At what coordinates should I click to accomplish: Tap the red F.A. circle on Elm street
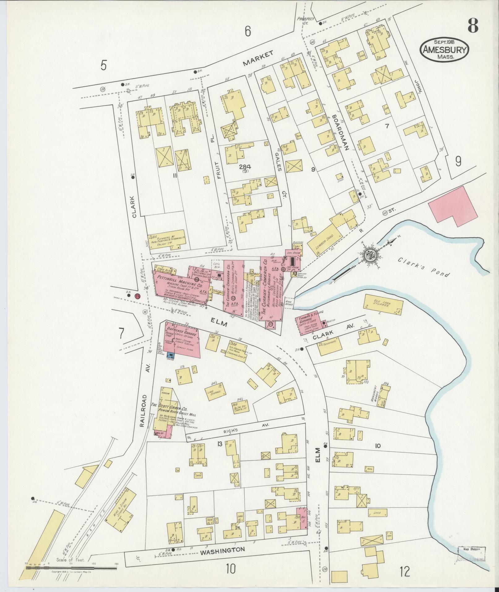point(137,296)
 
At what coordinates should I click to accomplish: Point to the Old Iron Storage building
point(383,305)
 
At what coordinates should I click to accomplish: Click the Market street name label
point(258,58)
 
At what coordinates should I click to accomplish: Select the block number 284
point(244,166)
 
